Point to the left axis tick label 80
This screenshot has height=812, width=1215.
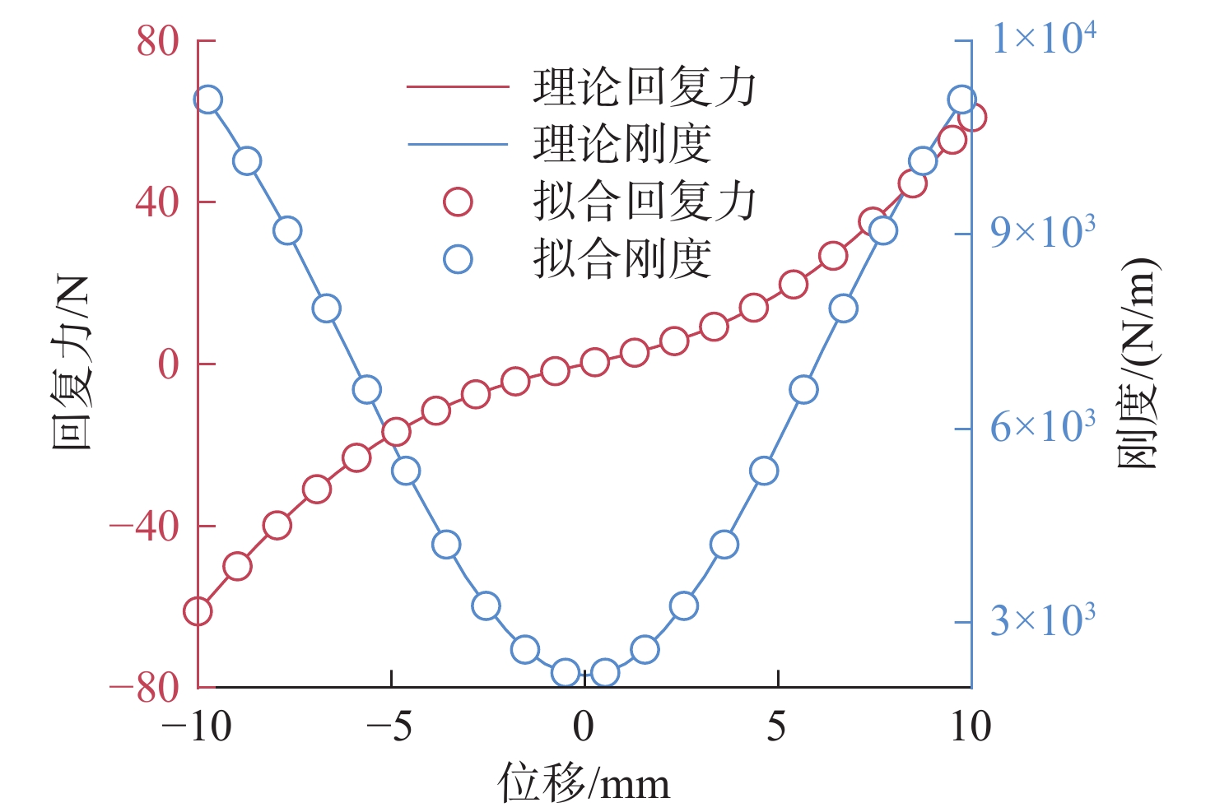pos(157,41)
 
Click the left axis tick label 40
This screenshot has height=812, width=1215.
pos(157,202)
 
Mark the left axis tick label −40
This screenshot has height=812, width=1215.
pos(144,527)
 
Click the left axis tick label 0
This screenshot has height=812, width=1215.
pos(169,364)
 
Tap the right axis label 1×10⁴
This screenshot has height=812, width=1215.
pos(1044,38)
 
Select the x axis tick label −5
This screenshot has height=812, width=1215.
pos(389,726)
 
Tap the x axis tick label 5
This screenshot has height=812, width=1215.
pos(777,726)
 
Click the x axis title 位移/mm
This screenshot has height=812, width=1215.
pos(584,783)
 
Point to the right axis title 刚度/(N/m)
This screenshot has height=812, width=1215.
pos(1138,363)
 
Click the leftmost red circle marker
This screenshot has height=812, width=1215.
pos(198,611)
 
